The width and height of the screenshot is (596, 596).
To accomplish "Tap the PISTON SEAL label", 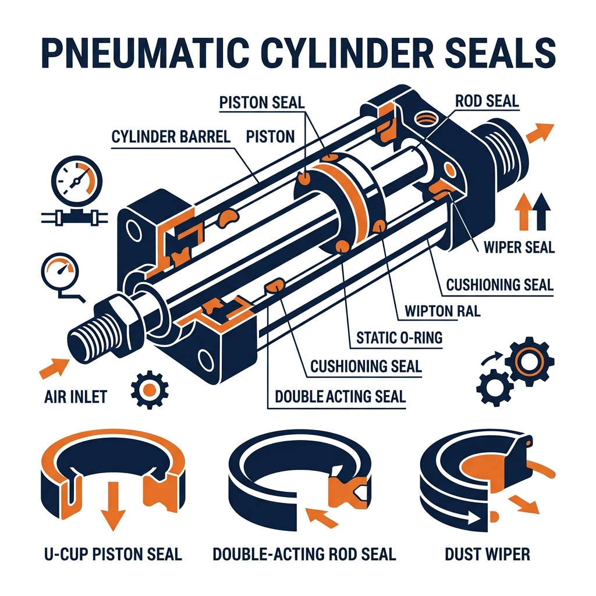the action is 262,102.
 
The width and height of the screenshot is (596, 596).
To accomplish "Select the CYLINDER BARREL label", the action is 171,136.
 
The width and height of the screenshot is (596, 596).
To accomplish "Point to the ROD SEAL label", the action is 487,101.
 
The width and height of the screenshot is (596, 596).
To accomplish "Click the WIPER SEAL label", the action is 519,247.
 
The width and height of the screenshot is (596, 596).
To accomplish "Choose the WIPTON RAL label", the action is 442,311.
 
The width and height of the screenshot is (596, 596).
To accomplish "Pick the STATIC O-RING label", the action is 399,338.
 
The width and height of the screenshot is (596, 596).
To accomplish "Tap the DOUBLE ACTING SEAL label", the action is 340,396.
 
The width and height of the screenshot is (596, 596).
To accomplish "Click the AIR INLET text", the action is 76,397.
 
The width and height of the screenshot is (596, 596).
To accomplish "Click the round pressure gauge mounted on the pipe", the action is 77,180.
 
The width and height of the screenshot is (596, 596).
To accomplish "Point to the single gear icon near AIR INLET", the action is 150,389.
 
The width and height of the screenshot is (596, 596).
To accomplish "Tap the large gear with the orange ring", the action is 528,361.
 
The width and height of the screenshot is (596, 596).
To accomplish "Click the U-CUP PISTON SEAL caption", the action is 113,554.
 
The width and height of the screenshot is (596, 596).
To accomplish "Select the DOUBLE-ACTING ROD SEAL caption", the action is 304,554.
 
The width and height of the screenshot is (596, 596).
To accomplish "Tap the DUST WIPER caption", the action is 487,554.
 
